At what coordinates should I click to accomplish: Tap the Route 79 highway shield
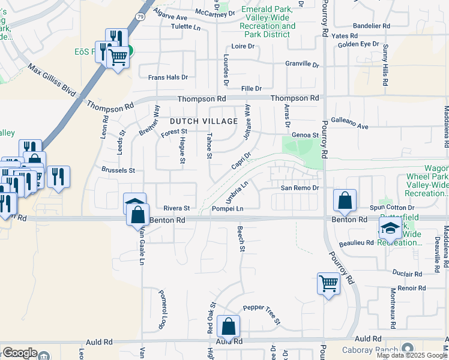coord(139,18)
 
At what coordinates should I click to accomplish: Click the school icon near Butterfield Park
coord(390,227)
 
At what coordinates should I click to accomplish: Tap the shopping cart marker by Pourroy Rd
coord(328,283)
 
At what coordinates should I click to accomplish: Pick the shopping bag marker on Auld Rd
coord(228,327)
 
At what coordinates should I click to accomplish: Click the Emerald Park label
coord(267,10)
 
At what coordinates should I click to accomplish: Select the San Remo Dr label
coord(299,188)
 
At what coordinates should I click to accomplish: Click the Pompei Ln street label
coord(228,208)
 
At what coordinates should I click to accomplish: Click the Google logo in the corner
coord(20,353)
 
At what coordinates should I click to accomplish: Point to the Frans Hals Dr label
coord(168,77)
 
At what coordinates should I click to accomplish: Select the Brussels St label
coord(119,170)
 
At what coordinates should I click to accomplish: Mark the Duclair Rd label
coord(406,274)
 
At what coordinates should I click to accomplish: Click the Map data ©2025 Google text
coord(412,355)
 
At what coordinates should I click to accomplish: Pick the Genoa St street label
coord(305,135)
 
